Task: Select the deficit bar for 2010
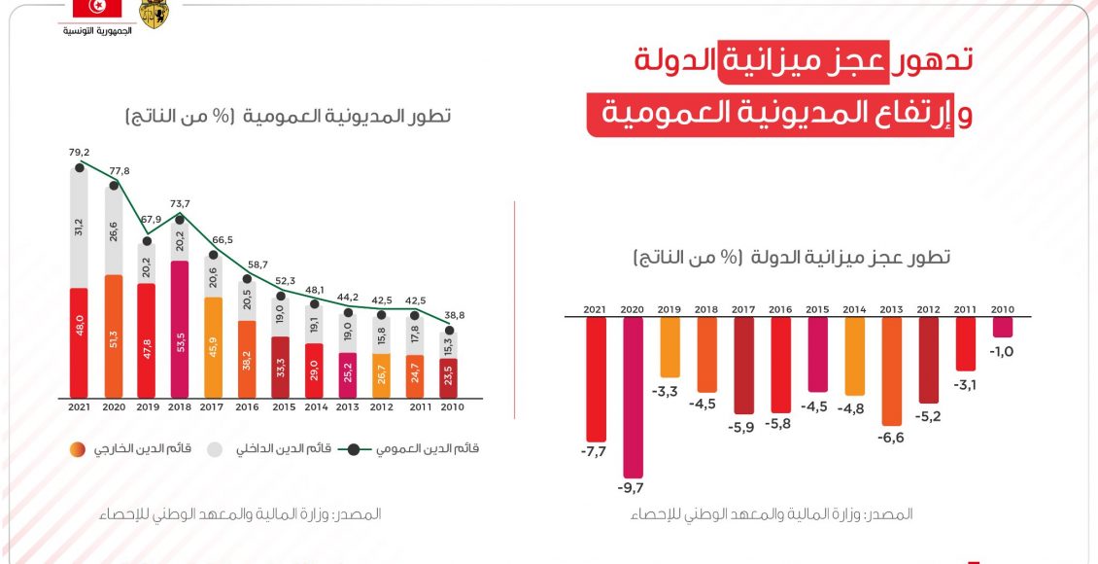[x=1003, y=328]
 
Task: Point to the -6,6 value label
[x=892, y=438]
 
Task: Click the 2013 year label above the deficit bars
[x=892, y=309]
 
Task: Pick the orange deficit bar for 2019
[x=670, y=347]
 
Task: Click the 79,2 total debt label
[x=79, y=153]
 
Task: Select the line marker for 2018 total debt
[x=180, y=219]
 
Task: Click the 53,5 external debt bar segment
[x=180, y=329]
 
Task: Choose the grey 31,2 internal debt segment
[x=80, y=228]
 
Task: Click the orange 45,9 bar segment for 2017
[x=214, y=347]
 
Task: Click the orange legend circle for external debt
[x=77, y=449]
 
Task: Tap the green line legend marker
[x=357, y=449]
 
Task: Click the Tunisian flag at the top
[x=97, y=9]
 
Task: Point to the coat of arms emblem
[x=154, y=13]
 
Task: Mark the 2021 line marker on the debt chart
[x=80, y=168]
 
